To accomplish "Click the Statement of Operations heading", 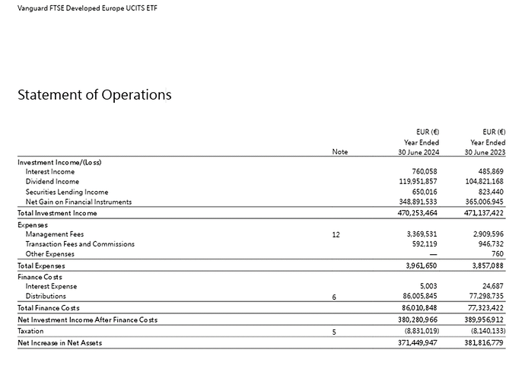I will tap(94, 95).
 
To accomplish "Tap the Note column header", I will tap(340, 152).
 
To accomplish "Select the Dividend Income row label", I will tap(51, 182).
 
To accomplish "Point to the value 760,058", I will tap(421, 172).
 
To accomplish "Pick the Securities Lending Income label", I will tap(67, 192).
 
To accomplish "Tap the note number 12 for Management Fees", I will tap(336, 235).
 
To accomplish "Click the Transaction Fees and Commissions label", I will tap(80, 244).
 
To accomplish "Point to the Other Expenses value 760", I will tap(498, 254).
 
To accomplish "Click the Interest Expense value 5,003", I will tap(425, 286).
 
